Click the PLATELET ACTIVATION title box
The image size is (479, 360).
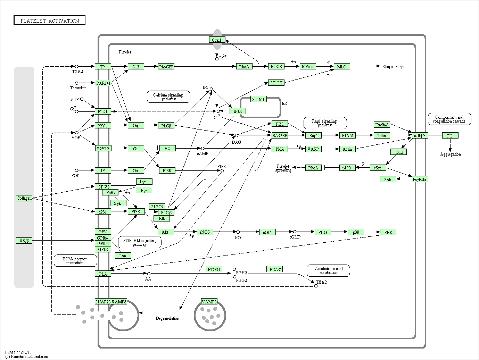pos(49,20)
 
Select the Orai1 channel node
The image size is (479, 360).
pos(217,40)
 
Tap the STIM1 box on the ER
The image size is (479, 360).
pos(258,99)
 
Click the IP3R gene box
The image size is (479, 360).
pos(238,111)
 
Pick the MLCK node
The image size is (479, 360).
pos(276,83)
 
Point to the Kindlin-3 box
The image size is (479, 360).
pos(382,125)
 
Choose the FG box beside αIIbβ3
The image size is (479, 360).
pos(450,135)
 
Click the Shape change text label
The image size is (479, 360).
pos(394,67)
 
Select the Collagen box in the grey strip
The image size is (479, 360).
pos(24,198)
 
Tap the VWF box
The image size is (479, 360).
pos(24,241)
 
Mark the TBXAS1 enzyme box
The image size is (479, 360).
pos(274,269)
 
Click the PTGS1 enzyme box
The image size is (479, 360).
pos(214,269)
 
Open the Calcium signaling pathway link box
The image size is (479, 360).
pos(168,97)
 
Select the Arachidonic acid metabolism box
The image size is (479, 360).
pos(328,270)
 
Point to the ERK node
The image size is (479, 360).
pos(388,232)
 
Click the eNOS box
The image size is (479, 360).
pos(204,232)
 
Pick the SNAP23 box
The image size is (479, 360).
pos(103,302)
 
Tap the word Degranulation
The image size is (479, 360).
pos(167,318)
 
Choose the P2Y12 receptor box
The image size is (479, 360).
pos(103,149)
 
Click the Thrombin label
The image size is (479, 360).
pos(78,88)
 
